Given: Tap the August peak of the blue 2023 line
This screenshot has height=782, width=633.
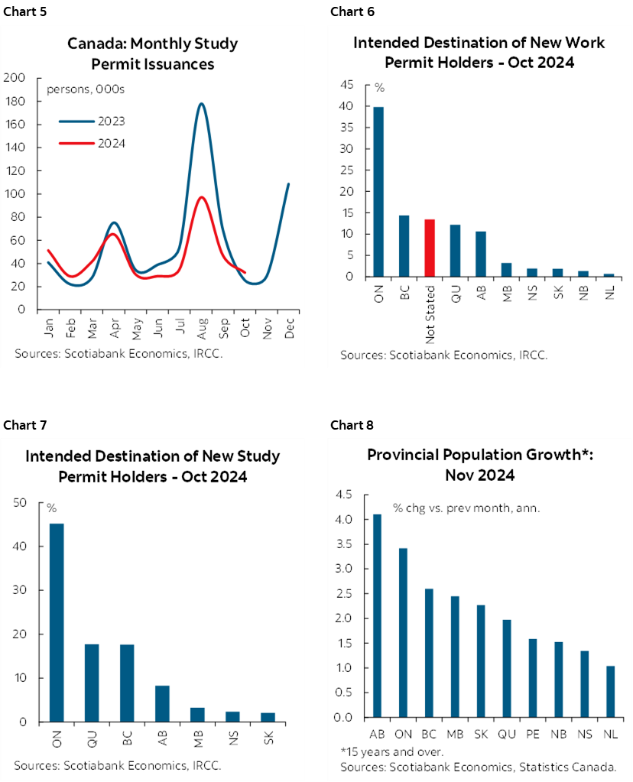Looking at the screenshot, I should (x=201, y=104).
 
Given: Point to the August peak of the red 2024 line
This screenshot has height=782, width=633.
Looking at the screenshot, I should (x=201, y=198).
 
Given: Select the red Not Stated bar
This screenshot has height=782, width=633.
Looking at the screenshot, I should (x=429, y=248).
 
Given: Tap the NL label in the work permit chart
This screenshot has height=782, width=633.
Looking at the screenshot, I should (x=609, y=290).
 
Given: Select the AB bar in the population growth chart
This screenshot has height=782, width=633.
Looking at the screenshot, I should (x=376, y=616).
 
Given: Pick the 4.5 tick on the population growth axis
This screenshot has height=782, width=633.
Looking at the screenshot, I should (x=342, y=495).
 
